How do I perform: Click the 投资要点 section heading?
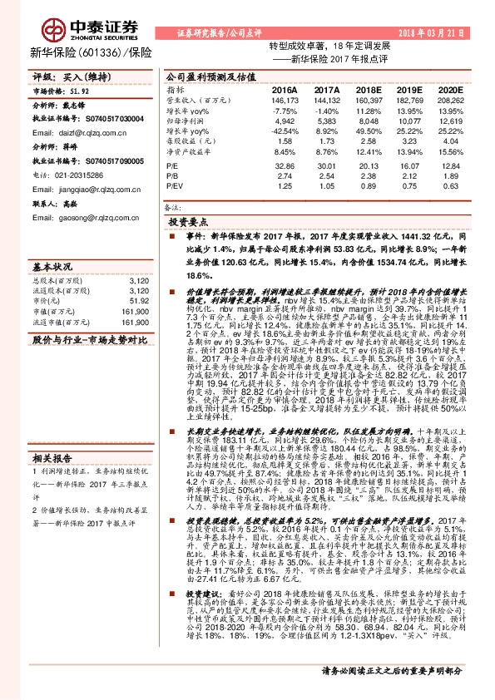(x=187, y=224)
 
